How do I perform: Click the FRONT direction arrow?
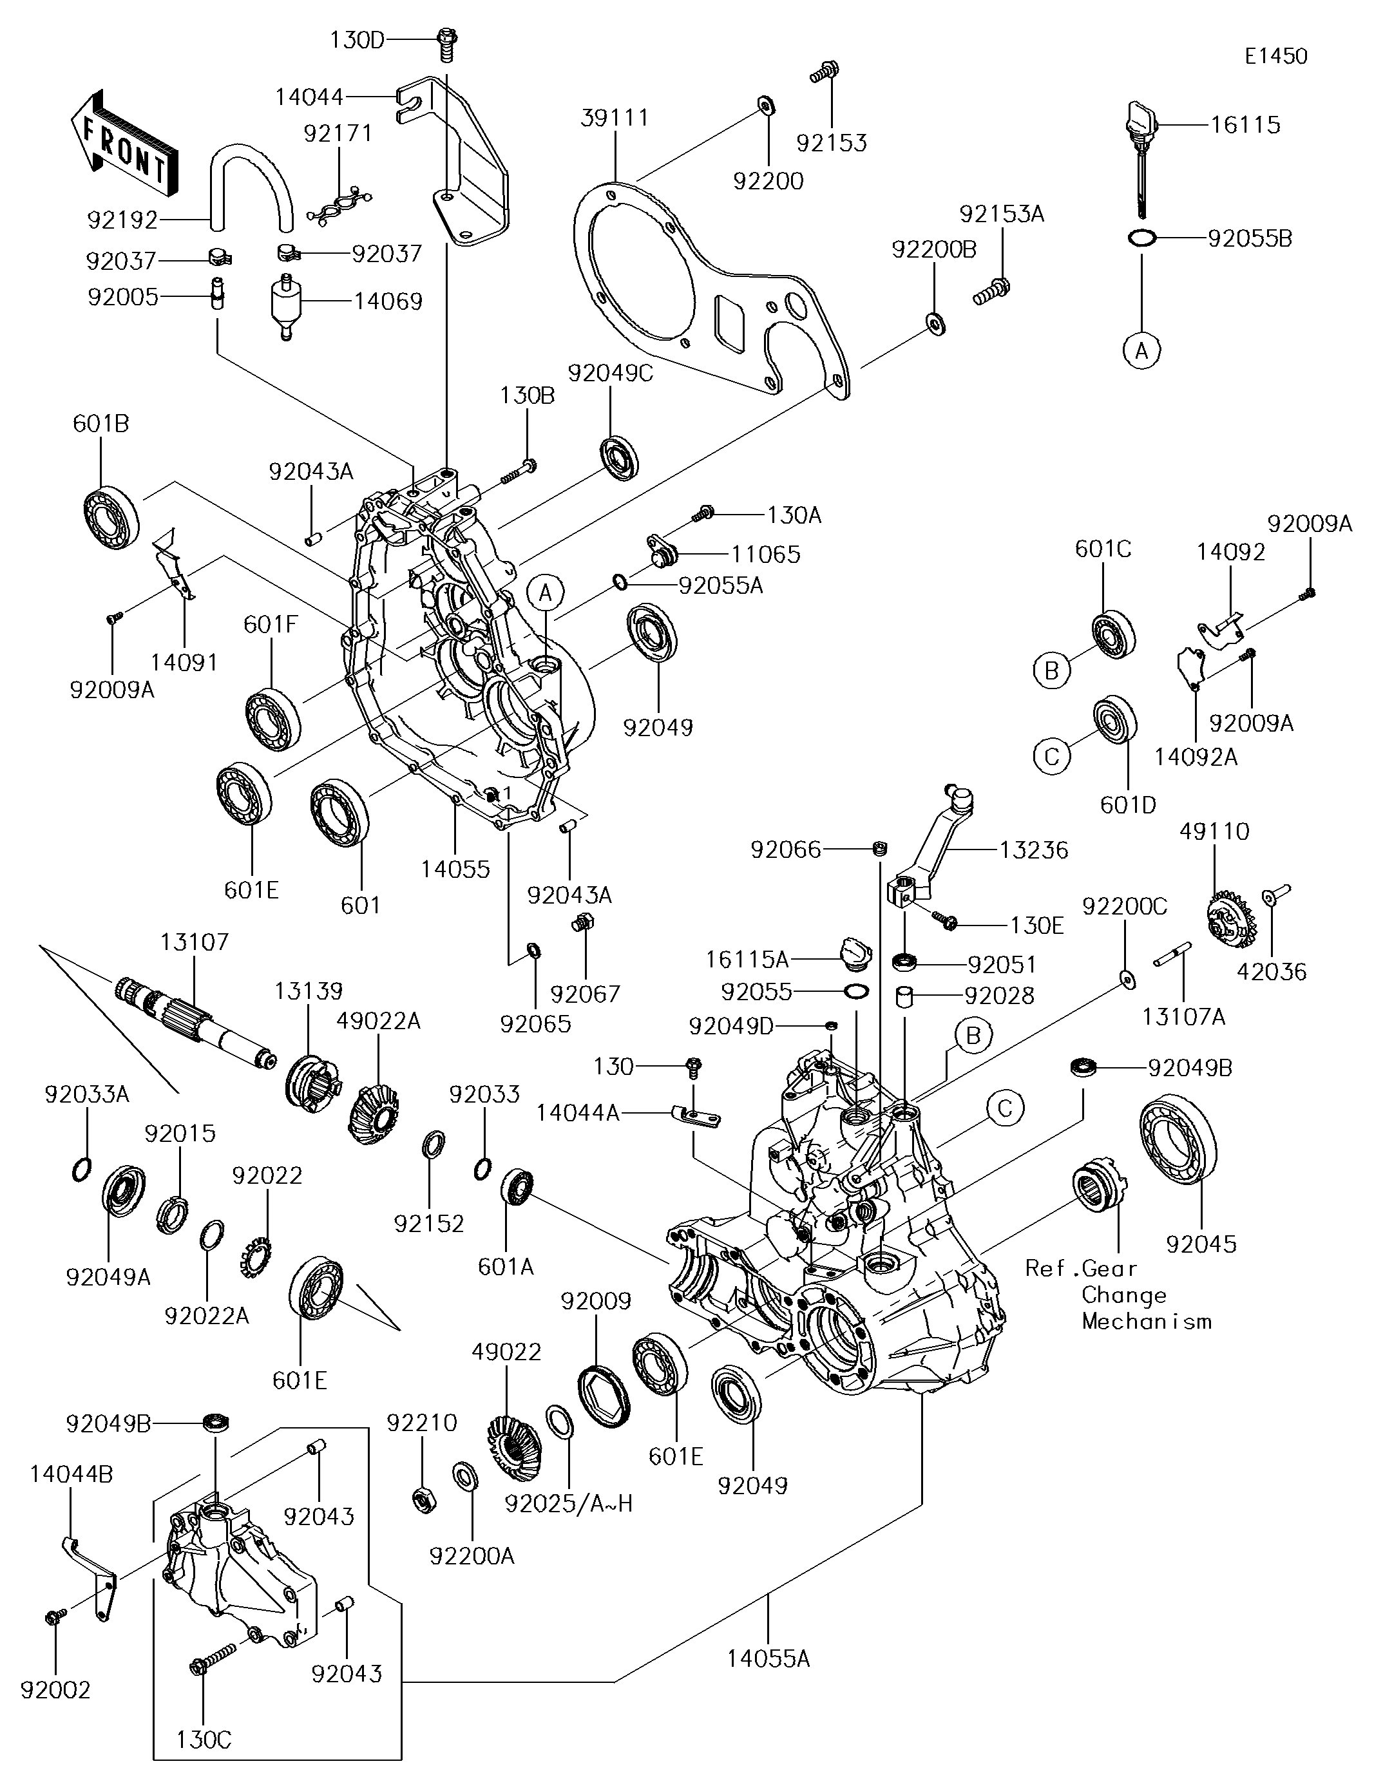(122, 143)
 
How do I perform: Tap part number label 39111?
(615, 118)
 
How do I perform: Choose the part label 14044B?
(72, 1474)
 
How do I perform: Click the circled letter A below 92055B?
(1141, 351)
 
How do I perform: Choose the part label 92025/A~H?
(568, 1504)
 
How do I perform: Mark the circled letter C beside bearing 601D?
(1051, 757)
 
